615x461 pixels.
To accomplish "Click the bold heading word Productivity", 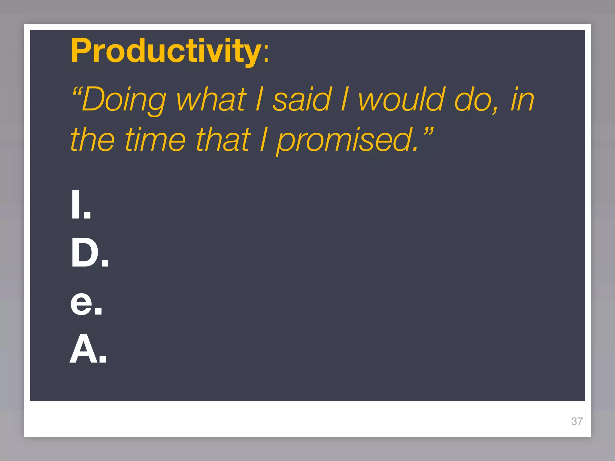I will click(166, 51).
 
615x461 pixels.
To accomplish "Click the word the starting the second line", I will click(92, 140).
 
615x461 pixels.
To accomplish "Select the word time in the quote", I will click(155, 140).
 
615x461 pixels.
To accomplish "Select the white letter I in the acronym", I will click(76, 204).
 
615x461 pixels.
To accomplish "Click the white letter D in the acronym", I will click(85, 252).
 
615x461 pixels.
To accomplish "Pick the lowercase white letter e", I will click(81, 303).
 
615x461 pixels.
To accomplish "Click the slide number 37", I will click(577, 421).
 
